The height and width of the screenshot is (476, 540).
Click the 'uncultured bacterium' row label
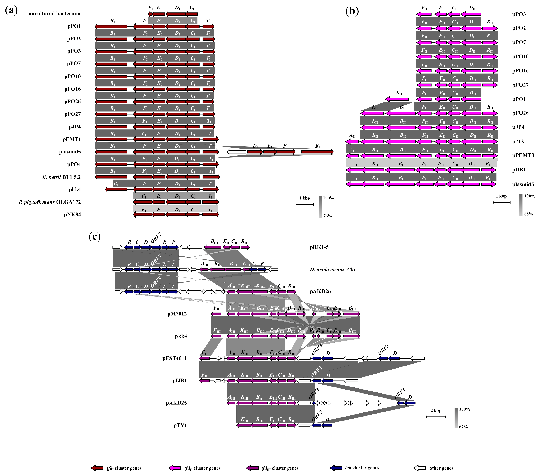pos(54,13)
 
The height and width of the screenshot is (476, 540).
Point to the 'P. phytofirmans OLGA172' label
pos(50,202)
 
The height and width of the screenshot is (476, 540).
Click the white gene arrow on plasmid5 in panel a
pos(236,152)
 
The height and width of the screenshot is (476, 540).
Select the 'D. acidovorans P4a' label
pos(332,269)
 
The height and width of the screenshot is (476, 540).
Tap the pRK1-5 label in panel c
pos(319,247)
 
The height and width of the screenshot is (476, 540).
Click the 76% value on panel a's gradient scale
pos(328,216)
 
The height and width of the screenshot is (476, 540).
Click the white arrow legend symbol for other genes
pos(420,468)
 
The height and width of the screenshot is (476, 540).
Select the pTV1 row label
pos(180,425)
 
